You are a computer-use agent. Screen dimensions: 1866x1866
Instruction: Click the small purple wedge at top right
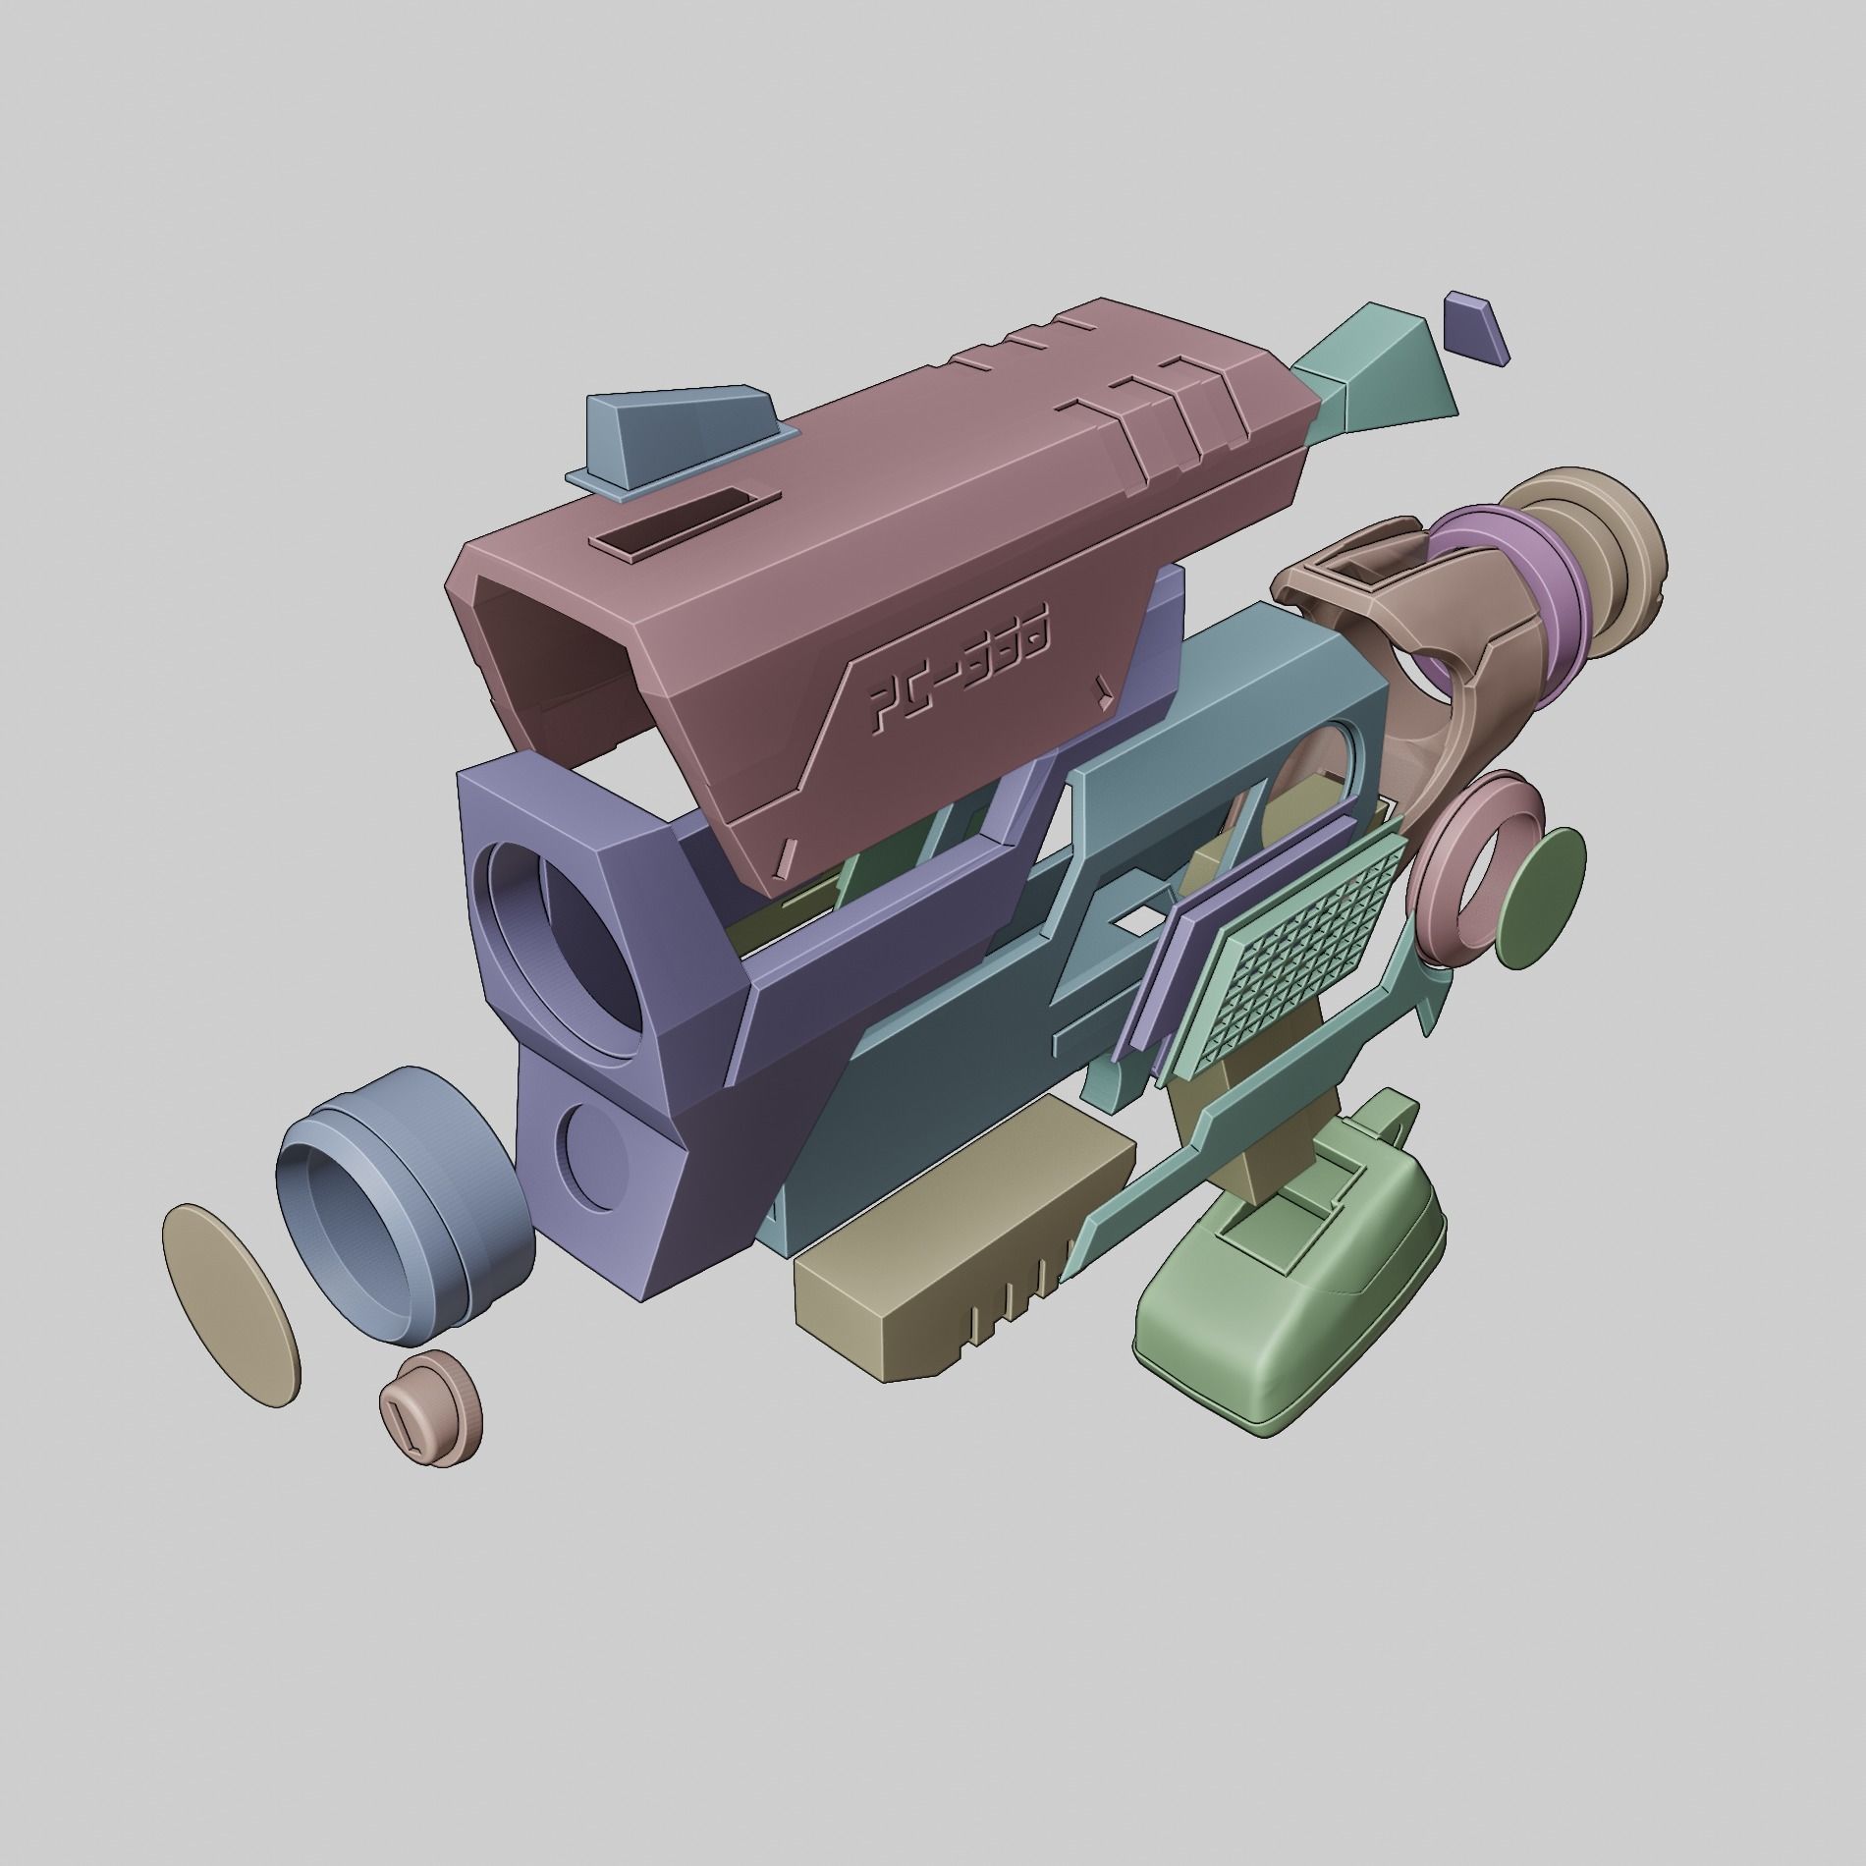point(1475,327)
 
